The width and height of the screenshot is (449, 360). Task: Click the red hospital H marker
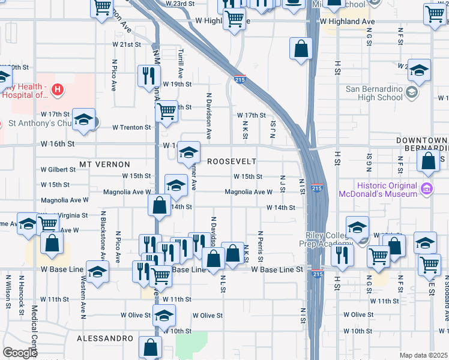pyautogui.click(x=57, y=91)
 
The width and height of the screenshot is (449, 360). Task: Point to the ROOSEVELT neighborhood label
pyautogui.click(x=232, y=162)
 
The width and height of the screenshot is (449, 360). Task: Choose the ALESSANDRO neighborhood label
pyautogui.click(x=105, y=338)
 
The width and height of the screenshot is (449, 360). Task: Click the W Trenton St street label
pyautogui.click(x=132, y=127)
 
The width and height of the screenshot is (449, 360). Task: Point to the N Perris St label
pyautogui.click(x=261, y=246)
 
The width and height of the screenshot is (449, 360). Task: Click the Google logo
pyautogui.click(x=20, y=353)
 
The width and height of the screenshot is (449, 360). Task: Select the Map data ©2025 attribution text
pyautogui.click(x=423, y=355)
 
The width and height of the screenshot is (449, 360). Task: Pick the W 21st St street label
pyautogui.click(x=125, y=44)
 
